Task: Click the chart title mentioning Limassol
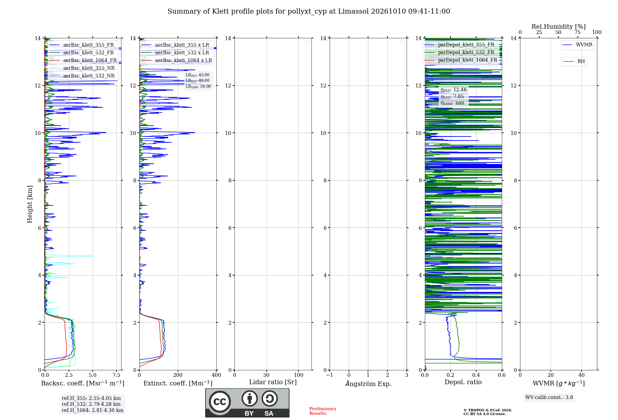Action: (x=309, y=11)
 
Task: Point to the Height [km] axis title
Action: (x=30, y=204)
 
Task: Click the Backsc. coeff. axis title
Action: (x=83, y=383)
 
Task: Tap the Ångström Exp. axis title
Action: (x=368, y=384)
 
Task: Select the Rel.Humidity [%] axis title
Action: (x=558, y=27)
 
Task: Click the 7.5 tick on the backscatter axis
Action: (x=116, y=375)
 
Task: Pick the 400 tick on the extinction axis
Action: (x=216, y=375)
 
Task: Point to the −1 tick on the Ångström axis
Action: (x=330, y=375)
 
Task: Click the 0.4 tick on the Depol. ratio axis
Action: (x=476, y=375)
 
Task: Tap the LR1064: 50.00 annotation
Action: (x=198, y=86)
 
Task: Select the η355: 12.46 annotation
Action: (x=454, y=90)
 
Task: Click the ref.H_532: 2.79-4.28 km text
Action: (x=91, y=404)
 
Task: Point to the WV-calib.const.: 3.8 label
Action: (x=549, y=397)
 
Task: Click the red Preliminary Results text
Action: (x=323, y=411)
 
